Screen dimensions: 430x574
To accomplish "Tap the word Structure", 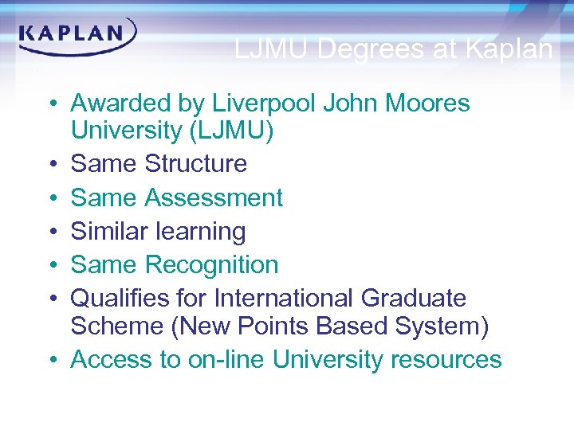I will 196,164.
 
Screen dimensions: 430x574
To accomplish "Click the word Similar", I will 108,232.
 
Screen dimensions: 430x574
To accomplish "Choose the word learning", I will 199,233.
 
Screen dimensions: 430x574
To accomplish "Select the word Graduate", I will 413,299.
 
